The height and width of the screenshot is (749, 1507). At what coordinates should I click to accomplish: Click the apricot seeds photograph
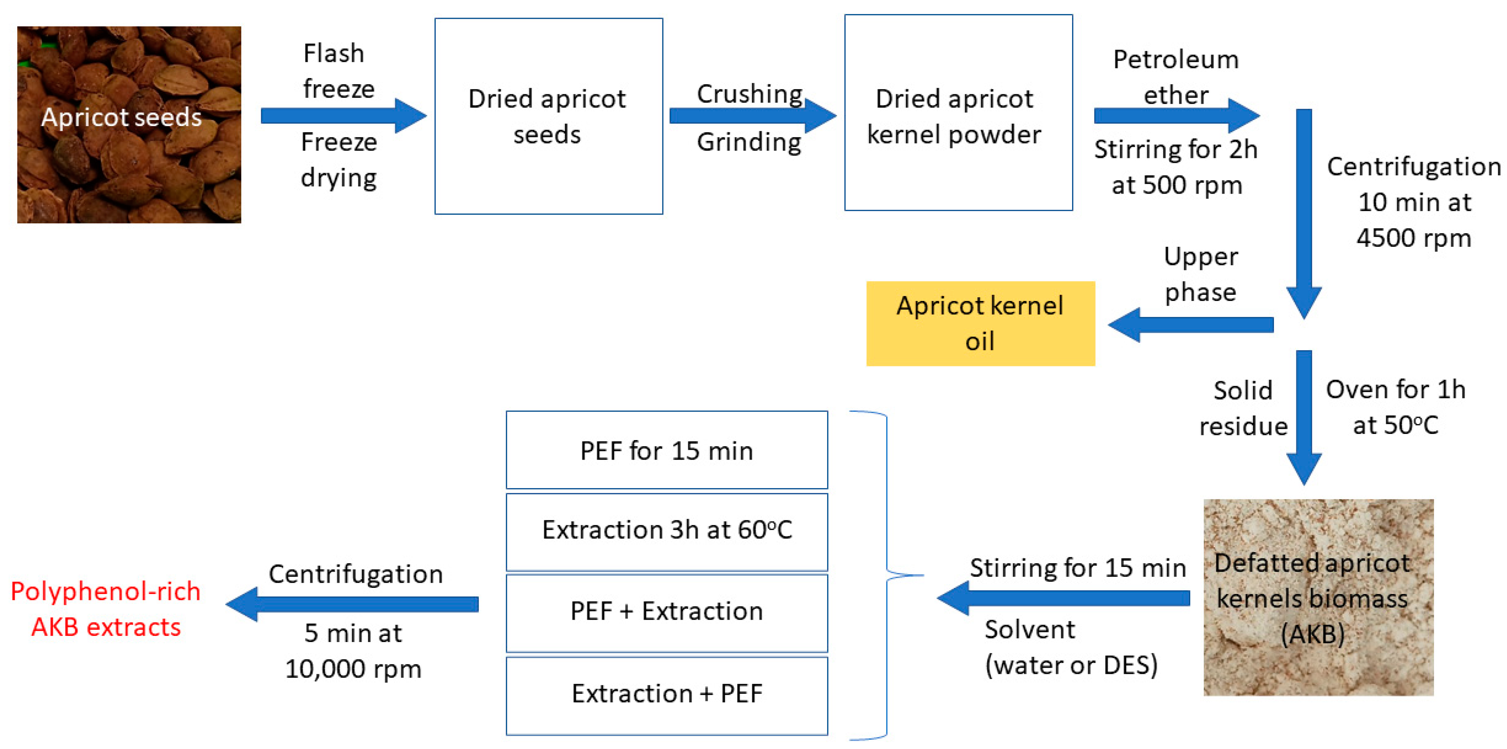[x=129, y=124]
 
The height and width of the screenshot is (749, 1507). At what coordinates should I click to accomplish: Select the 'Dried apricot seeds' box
[x=548, y=116]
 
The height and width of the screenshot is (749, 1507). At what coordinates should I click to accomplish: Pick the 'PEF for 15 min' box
[x=666, y=449]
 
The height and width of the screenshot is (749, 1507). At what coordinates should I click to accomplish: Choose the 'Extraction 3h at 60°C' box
[x=666, y=531]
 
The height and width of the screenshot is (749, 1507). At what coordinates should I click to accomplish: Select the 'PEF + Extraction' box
[x=666, y=612]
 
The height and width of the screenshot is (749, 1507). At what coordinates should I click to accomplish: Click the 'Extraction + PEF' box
[x=666, y=694]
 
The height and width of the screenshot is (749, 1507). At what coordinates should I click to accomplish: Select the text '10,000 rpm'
[x=353, y=669]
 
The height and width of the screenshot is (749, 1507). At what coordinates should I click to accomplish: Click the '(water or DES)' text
[x=1071, y=665]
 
